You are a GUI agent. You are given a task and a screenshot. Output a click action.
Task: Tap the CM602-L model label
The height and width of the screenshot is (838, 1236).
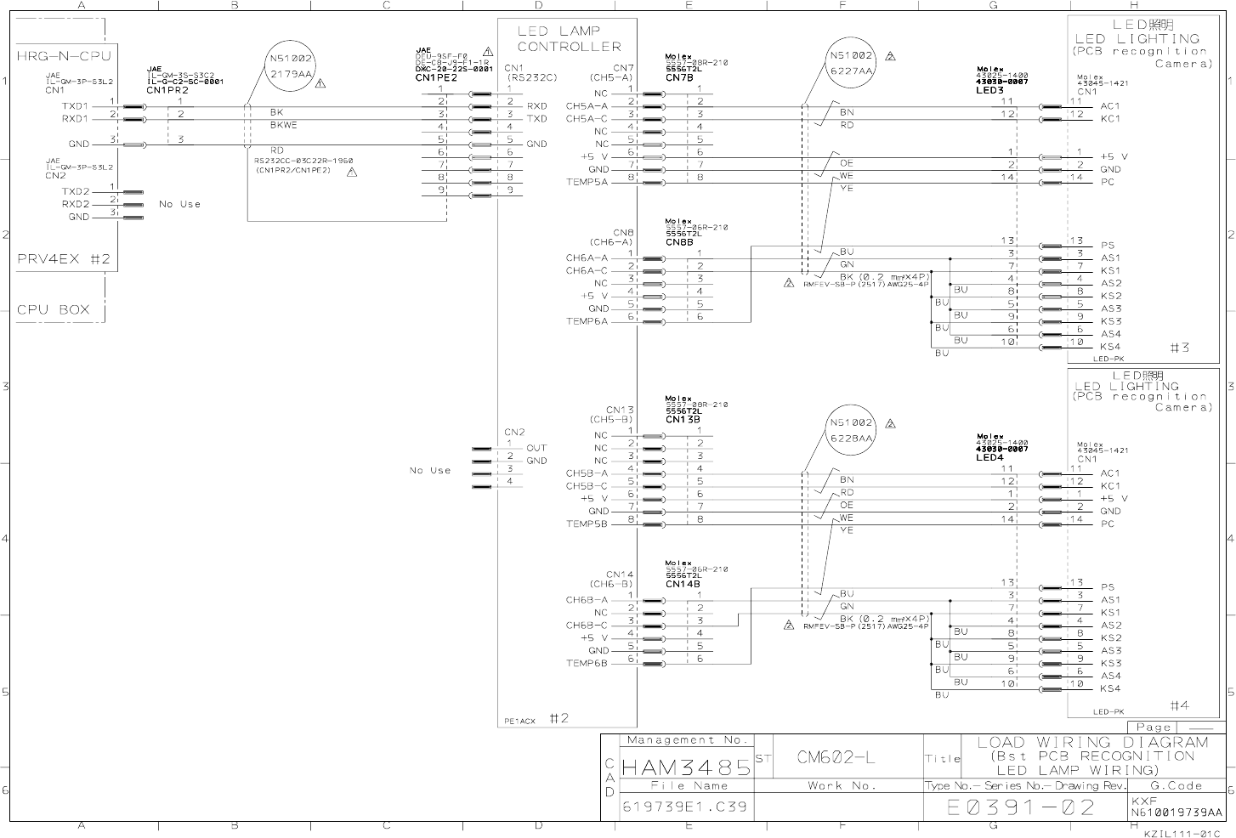pos(836,757)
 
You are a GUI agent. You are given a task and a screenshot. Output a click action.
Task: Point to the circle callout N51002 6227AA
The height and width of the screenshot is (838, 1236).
pos(851,64)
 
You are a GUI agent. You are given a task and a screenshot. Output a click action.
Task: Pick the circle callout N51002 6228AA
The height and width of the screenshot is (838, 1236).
pos(851,431)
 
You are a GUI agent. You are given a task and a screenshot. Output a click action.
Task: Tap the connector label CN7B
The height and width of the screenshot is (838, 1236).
pos(679,78)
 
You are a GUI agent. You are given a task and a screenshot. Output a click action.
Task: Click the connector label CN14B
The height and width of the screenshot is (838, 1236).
pos(683,584)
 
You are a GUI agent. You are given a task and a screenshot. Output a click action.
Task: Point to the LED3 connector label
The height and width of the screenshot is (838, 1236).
pos(989,90)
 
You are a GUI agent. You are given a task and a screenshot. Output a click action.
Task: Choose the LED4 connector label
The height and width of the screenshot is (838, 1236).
pos(989,457)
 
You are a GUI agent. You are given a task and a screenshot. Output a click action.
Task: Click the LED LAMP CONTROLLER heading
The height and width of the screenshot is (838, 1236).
pos(569,39)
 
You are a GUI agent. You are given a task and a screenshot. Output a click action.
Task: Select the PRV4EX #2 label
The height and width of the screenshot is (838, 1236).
pos(64,258)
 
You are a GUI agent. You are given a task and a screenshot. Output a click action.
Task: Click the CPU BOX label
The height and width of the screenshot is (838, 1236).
pos(53,309)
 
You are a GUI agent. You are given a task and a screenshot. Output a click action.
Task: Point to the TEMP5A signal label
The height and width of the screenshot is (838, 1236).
pos(587,183)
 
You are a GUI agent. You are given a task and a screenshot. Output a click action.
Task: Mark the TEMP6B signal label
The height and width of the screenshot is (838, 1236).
pos(587,664)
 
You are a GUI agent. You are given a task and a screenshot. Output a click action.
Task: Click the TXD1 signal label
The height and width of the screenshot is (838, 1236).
pos(76,106)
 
